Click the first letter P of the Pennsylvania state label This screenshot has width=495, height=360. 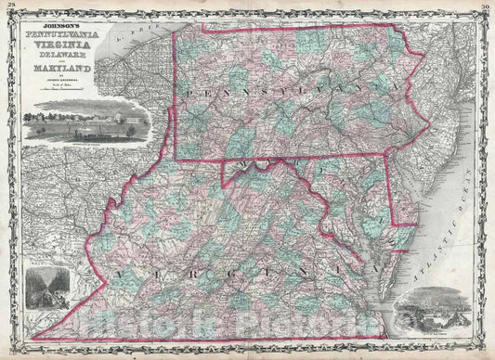[189, 93]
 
